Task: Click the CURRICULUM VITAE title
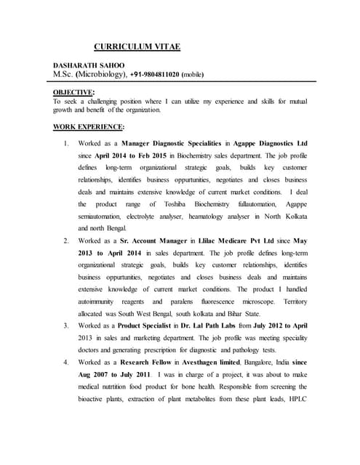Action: pos(137,47)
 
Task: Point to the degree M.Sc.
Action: pos(67,75)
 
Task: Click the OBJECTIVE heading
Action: pos(73,92)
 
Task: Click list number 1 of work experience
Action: pos(67,143)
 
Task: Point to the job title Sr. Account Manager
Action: pos(150,240)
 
